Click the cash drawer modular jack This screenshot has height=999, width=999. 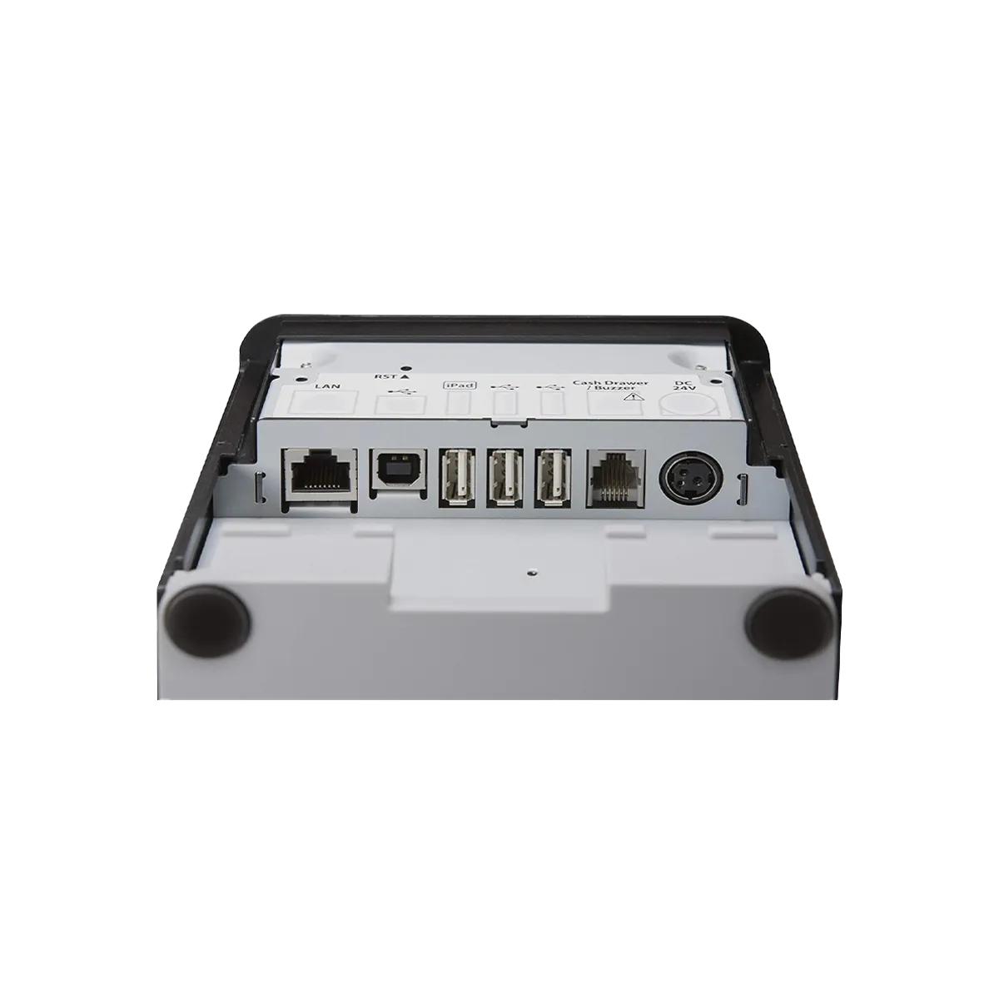(x=615, y=479)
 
